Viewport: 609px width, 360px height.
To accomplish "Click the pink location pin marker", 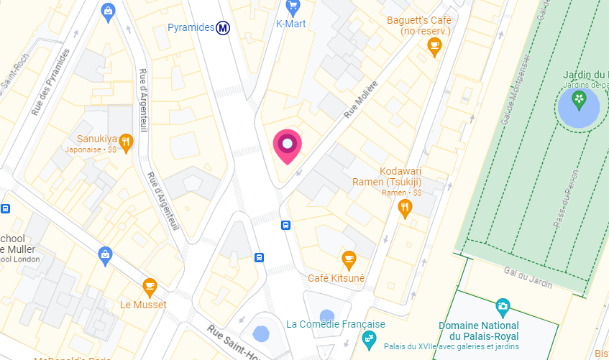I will (288, 145).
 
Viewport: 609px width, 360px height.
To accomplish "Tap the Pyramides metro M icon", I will (224, 28).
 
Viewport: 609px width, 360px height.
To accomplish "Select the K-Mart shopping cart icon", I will (292, 7).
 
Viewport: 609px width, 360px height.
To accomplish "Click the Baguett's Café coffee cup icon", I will (434, 47).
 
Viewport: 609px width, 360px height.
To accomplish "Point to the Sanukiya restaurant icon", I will (127, 141).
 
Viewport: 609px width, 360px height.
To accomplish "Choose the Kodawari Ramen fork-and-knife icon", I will (406, 208).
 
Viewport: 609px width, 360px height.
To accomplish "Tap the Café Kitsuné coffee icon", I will (349, 258).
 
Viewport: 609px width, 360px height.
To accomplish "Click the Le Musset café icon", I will (150, 287).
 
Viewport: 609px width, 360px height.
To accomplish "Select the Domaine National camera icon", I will (503, 307).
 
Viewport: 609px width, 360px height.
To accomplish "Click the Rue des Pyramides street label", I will (51, 83).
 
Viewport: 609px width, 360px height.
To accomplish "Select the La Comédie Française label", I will (336, 324).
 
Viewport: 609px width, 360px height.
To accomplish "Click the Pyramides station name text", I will (191, 28).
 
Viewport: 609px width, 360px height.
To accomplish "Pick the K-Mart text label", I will (291, 24).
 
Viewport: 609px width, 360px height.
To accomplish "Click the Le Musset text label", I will (143, 305).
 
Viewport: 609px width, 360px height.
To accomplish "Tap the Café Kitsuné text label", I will (336, 278).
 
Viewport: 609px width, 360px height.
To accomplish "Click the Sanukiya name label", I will (97, 139).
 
